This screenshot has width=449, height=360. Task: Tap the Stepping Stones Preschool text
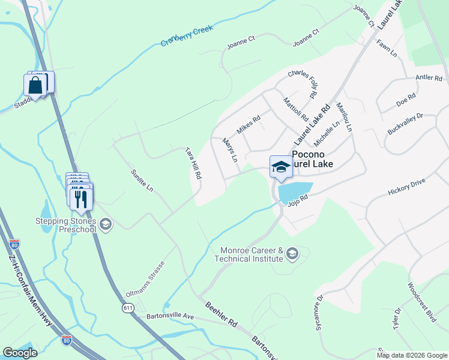(x=67, y=224)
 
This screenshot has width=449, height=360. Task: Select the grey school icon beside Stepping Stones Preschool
(x=106, y=224)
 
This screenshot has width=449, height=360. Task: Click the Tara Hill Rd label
(x=193, y=163)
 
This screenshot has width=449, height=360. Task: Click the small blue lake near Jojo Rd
(x=294, y=191)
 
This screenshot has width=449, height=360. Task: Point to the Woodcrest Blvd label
(x=421, y=302)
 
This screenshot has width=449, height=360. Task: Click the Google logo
(x=20, y=353)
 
